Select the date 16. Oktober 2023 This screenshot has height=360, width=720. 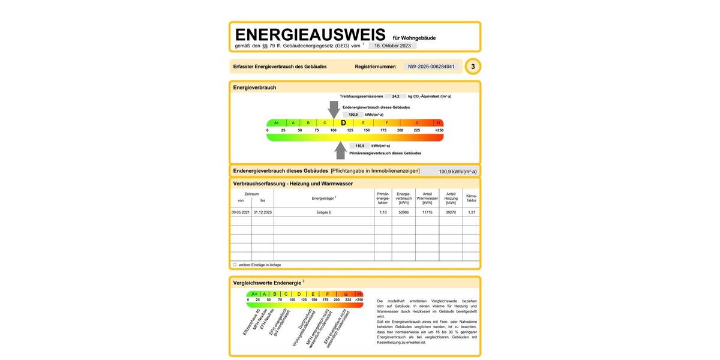[x=392, y=46]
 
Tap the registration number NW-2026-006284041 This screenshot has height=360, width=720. [x=431, y=67]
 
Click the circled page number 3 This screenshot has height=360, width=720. [x=473, y=67]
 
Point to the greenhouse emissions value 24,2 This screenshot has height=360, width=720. [x=395, y=96]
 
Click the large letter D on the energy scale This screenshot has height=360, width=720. [x=343, y=122]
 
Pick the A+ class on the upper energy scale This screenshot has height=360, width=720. [x=277, y=122]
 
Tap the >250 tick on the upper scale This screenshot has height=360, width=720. [x=439, y=130]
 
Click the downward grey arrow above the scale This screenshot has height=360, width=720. [x=334, y=109]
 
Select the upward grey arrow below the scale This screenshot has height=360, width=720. [x=341, y=150]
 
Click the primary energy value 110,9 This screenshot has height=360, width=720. [x=360, y=146]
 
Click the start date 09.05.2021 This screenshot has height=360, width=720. [x=241, y=212]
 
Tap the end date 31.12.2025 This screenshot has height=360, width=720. [x=263, y=212]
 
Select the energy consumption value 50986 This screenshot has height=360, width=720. [x=404, y=212]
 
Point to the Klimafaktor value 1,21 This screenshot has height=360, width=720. [x=471, y=212]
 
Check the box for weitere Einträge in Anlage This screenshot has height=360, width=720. [x=235, y=265]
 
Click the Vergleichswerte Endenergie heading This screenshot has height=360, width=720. [x=268, y=282]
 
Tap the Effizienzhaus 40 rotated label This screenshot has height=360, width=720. [x=250, y=322]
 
